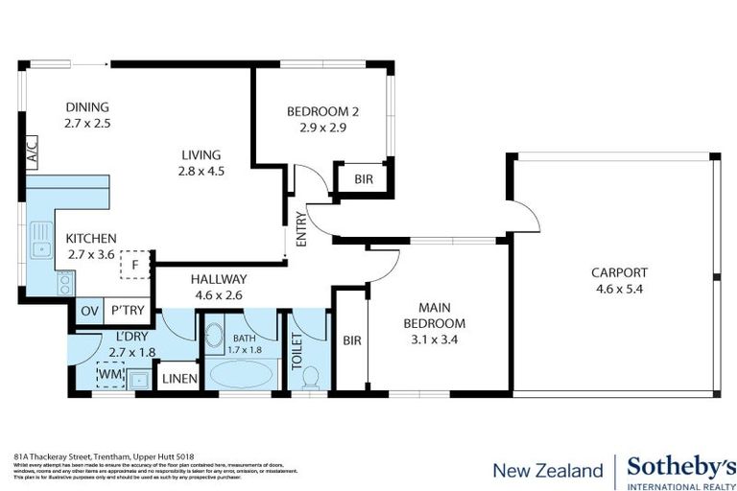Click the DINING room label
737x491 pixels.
tap(86, 107)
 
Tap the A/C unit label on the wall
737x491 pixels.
tap(31, 152)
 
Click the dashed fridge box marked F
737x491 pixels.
tap(135, 265)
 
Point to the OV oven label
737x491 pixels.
tap(89, 311)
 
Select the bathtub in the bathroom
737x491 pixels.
tap(242, 374)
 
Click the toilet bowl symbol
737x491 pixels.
tap(309, 381)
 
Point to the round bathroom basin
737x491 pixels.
tap(214, 338)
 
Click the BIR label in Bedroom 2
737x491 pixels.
tap(364, 178)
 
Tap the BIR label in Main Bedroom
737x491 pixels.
tap(352, 339)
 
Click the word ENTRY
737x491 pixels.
tap(300, 229)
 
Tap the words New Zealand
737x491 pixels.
tap(547, 470)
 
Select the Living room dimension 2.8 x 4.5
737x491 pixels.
tap(200, 172)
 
